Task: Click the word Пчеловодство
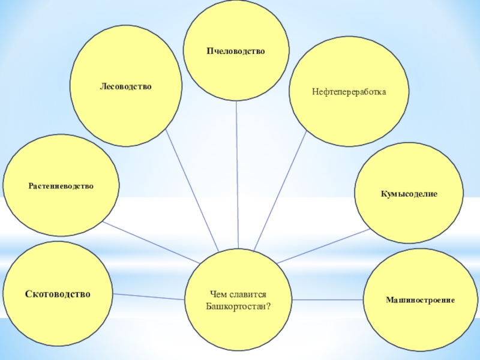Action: tap(235, 52)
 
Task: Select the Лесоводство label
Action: tap(125, 87)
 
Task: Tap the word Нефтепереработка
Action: tap(349, 92)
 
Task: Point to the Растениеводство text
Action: tap(61, 186)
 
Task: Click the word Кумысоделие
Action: tap(408, 194)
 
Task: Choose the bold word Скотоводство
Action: tap(58, 294)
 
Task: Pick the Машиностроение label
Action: tap(420, 298)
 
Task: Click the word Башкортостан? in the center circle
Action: tap(238, 306)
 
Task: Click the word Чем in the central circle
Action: tap(218, 295)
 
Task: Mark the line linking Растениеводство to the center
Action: tap(150, 242)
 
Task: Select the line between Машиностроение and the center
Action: tap(328, 299)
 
